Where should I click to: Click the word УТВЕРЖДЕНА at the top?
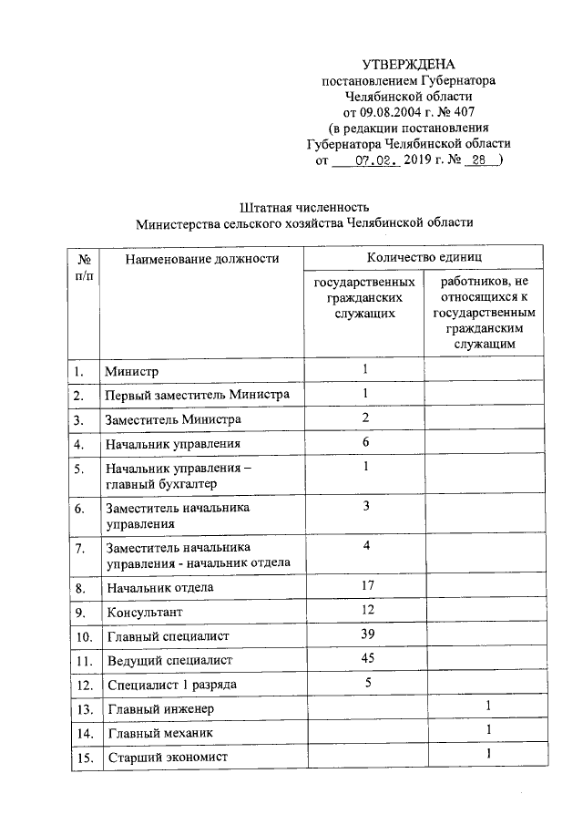click(x=408, y=64)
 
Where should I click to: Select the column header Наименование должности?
click(x=201, y=259)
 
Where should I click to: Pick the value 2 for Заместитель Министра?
click(x=364, y=418)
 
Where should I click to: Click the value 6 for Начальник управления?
click(x=364, y=442)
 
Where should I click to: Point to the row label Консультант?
click(x=143, y=612)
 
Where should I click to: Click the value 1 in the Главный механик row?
click(x=488, y=730)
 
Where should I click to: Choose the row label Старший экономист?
click(x=167, y=757)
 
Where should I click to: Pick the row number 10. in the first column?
click(x=84, y=636)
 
